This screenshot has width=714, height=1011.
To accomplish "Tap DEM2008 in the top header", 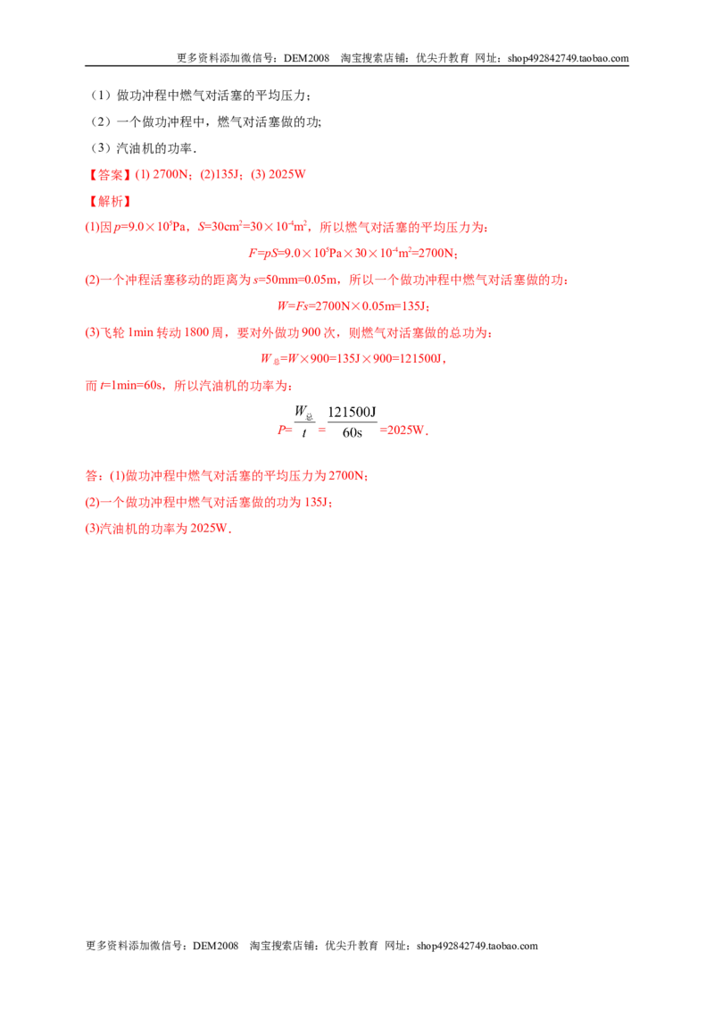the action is click(307, 58).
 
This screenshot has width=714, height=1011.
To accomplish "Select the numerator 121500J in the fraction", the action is click(352, 412).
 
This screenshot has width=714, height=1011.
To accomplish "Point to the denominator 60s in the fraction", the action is click(352, 432).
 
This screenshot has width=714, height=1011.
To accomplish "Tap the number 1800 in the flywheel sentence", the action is click(196, 333).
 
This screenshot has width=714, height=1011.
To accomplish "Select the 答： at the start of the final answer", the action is click(94, 476).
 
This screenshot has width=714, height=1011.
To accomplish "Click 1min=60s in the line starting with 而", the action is click(133, 386).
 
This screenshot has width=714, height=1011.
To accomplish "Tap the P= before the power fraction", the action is click(284, 430).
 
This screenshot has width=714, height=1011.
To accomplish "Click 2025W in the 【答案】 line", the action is click(286, 175).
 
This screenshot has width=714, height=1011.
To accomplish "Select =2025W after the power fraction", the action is click(403, 430).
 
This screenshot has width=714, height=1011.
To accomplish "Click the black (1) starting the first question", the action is click(101, 96).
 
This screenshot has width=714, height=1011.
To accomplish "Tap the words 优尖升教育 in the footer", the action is click(352, 946).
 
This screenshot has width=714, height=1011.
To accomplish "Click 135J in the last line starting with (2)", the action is click(317, 502).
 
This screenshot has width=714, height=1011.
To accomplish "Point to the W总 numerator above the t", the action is click(303, 412).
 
